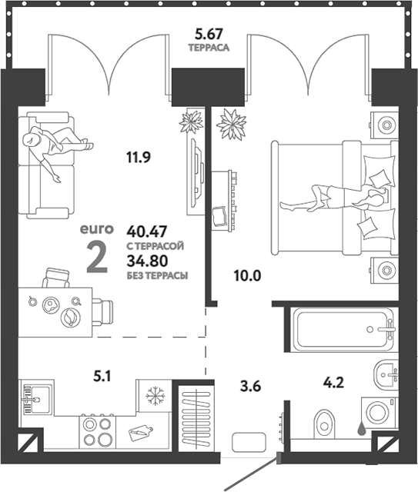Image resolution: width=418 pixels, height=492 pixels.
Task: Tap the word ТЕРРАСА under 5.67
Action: pyautogui.click(x=209, y=47)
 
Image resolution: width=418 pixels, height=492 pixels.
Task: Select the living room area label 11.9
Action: pyautogui.click(x=138, y=158)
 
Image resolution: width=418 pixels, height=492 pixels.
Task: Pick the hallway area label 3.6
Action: pyautogui.click(x=252, y=387)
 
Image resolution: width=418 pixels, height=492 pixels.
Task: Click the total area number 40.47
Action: pyautogui.click(x=147, y=230)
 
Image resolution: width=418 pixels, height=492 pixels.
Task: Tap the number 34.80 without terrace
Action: pyautogui.click(x=147, y=261)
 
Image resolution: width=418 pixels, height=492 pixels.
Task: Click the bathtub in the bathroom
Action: pyautogui.click(x=343, y=331)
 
